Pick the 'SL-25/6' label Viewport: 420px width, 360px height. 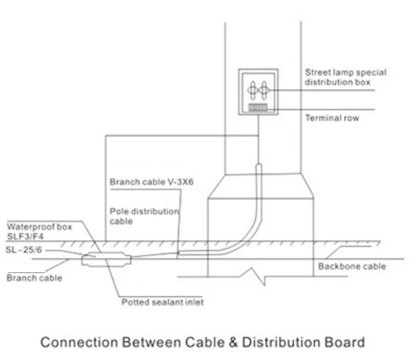[22, 250]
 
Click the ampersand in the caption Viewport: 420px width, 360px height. [232, 342]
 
